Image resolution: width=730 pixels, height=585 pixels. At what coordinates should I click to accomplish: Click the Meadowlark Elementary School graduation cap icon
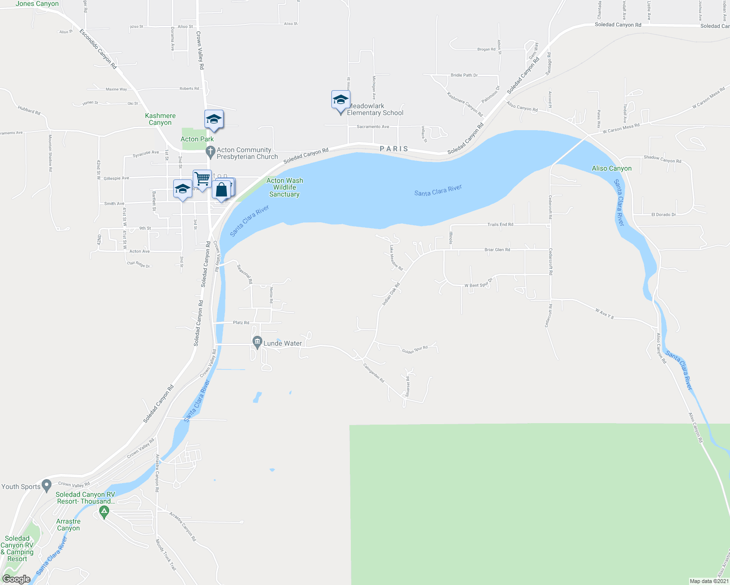click(341, 101)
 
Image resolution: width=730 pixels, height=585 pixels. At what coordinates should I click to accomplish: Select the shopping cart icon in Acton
click(202, 179)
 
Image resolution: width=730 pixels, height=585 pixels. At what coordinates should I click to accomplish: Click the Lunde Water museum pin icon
click(257, 343)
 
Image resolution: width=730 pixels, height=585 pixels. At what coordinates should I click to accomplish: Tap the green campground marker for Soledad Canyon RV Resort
click(103, 512)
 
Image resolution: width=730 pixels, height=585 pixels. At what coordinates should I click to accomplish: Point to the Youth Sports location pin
click(46, 486)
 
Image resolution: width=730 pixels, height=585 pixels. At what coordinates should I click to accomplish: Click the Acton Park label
click(197, 139)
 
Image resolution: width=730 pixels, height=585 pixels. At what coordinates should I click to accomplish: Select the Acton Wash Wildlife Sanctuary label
click(284, 187)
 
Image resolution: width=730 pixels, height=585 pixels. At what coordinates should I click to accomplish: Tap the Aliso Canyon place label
click(611, 168)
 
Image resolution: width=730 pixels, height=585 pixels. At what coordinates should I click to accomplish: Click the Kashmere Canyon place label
click(160, 119)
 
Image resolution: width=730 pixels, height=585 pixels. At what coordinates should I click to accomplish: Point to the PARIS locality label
click(394, 149)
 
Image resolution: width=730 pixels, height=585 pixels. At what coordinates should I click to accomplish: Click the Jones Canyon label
click(37, 4)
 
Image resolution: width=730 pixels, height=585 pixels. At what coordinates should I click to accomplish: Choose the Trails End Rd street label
click(500, 225)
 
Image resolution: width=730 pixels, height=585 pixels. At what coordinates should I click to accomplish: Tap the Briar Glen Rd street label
click(497, 250)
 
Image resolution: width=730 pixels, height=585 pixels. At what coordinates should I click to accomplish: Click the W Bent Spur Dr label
click(478, 284)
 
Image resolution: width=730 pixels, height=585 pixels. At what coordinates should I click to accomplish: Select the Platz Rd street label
click(241, 323)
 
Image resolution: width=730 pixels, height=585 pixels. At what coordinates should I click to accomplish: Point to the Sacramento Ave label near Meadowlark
click(373, 127)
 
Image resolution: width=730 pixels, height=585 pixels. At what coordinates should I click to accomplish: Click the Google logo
click(16, 579)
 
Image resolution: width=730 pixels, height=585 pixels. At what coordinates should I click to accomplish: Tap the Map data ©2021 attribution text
click(709, 581)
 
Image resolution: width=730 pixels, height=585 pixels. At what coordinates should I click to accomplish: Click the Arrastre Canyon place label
click(68, 525)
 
